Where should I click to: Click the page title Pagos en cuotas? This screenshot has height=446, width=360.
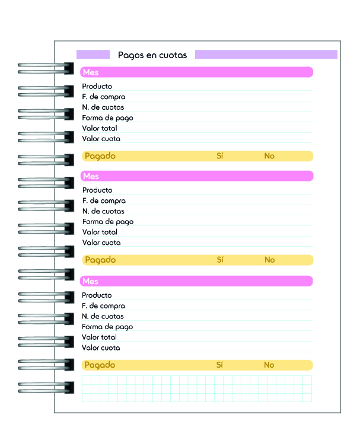click(152, 55)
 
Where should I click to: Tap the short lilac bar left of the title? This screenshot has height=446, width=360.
click(93, 55)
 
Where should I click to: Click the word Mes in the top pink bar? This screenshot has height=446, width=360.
click(91, 72)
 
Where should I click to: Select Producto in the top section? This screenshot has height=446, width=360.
click(97, 86)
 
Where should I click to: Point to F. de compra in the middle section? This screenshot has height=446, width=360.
click(104, 201)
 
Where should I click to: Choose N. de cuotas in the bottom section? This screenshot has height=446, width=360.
click(103, 316)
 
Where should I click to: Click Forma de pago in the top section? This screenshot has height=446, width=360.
click(107, 118)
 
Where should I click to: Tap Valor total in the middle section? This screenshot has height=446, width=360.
click(100, 232)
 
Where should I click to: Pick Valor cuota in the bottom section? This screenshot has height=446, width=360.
click(101, 348)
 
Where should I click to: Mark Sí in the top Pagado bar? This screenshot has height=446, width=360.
click(220, 156)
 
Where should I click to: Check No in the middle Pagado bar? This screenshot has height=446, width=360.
click(270, 260)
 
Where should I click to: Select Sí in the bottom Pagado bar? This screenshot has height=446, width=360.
click(219, 365)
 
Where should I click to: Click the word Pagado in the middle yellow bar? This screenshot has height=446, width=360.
click(100, 260)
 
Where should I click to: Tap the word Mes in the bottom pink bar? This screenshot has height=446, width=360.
click(90, 281)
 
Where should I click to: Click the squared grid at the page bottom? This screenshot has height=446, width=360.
click(197, 389)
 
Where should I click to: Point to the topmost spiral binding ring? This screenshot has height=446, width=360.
click(46, 69)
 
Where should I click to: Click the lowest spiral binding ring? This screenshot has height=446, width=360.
click(46, 388)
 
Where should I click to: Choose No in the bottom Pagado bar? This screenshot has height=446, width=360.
click(269, 365)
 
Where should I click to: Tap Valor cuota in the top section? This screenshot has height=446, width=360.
click(101, 139)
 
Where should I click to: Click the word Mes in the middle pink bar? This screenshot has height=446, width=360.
click(91, 176)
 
